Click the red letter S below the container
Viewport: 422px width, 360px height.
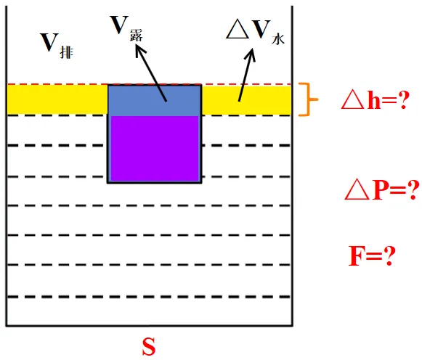[149, 346]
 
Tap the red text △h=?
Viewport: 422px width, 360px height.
[376, 99]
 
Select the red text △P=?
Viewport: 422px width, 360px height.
[382, 190]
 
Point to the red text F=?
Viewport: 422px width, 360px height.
[372, 255]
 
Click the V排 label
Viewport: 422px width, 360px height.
[57, 45]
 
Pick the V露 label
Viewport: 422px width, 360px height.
[126, 28]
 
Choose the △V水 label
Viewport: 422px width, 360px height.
[255, 32]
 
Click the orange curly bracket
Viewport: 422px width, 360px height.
[307, 99]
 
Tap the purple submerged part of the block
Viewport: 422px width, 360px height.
[155, 148]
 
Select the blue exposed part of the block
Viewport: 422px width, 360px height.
[155, 101]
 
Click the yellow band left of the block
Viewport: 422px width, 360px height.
[57, 99]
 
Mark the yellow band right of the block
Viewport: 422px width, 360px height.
[246, 100]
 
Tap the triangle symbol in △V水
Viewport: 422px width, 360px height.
[238, 29]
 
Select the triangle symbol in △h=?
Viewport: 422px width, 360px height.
[352, 99]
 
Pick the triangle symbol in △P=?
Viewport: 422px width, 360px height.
[357, 190]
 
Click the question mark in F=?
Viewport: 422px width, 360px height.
[389, 255]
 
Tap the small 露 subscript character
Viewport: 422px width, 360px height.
[136, 36]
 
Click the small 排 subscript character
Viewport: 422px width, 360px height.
[67, 52]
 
